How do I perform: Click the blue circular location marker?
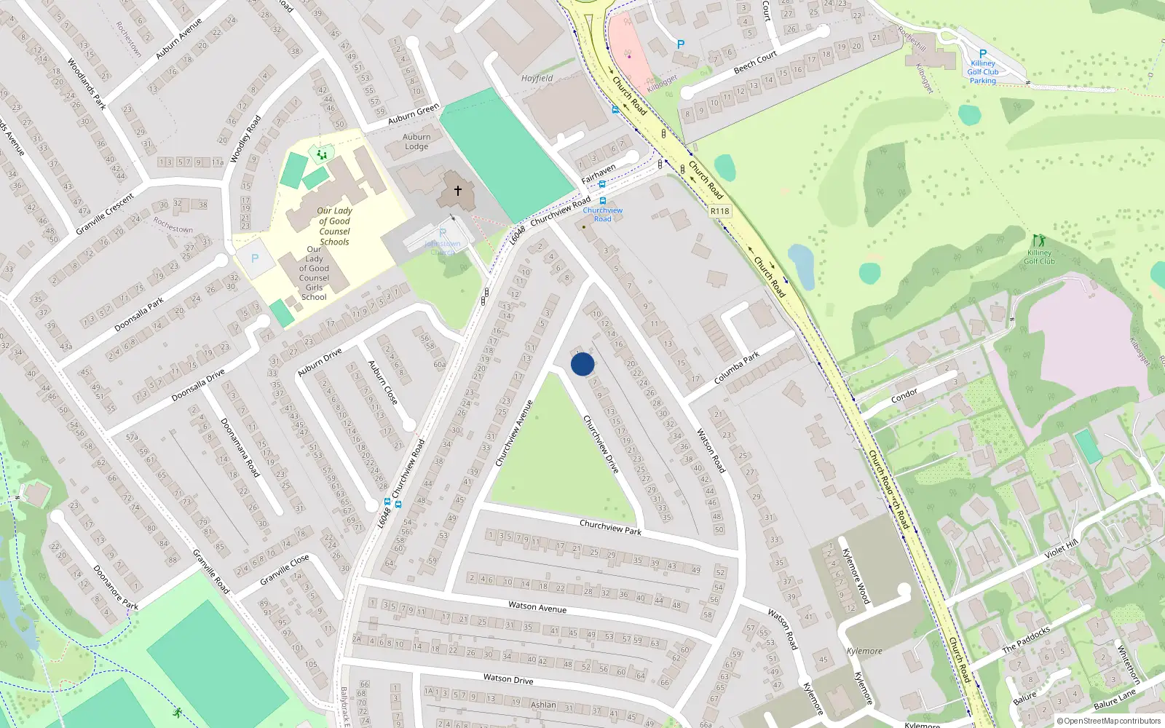click(x=582, y=364)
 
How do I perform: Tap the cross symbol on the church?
click(x=458, y=191)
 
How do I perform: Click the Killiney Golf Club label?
click(x=1039, y=257)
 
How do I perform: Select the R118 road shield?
click(x=719, y=211)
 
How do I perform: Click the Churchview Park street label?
click(x=610, y=527)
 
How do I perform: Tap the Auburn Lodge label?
click(x=416, y=141)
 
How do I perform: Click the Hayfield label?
click(x=537, y=78)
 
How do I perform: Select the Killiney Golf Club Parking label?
click(x=983, y=72)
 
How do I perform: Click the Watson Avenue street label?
click(x=537, y=607)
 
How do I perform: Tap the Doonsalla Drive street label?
click(x=198, y=385)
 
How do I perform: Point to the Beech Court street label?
click(x=755, y=63)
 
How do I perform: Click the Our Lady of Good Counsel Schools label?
click(x=334, y=226)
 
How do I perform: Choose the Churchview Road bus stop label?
click(x=603, y=214)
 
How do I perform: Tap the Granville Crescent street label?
click(x=105, y=214)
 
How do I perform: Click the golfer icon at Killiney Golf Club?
click(x=1038, y=240)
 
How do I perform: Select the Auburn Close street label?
click(x=382, y=382)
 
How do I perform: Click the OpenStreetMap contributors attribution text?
click(x=1112, y=721)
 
